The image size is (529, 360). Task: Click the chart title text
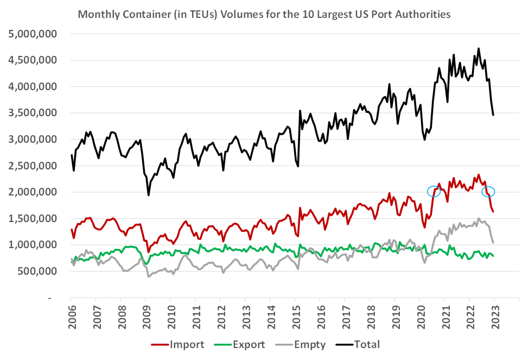point(264,15)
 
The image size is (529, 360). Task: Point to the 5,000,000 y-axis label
point(33,34)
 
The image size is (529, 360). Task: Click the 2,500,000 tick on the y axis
point(33,166)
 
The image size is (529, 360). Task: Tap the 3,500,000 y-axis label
point(33,113)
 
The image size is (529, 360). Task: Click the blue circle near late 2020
point(434,191)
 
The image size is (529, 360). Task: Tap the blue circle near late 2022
point(488,192)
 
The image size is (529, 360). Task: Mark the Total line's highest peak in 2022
point(478,48)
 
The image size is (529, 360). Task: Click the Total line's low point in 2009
point(148,195)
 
